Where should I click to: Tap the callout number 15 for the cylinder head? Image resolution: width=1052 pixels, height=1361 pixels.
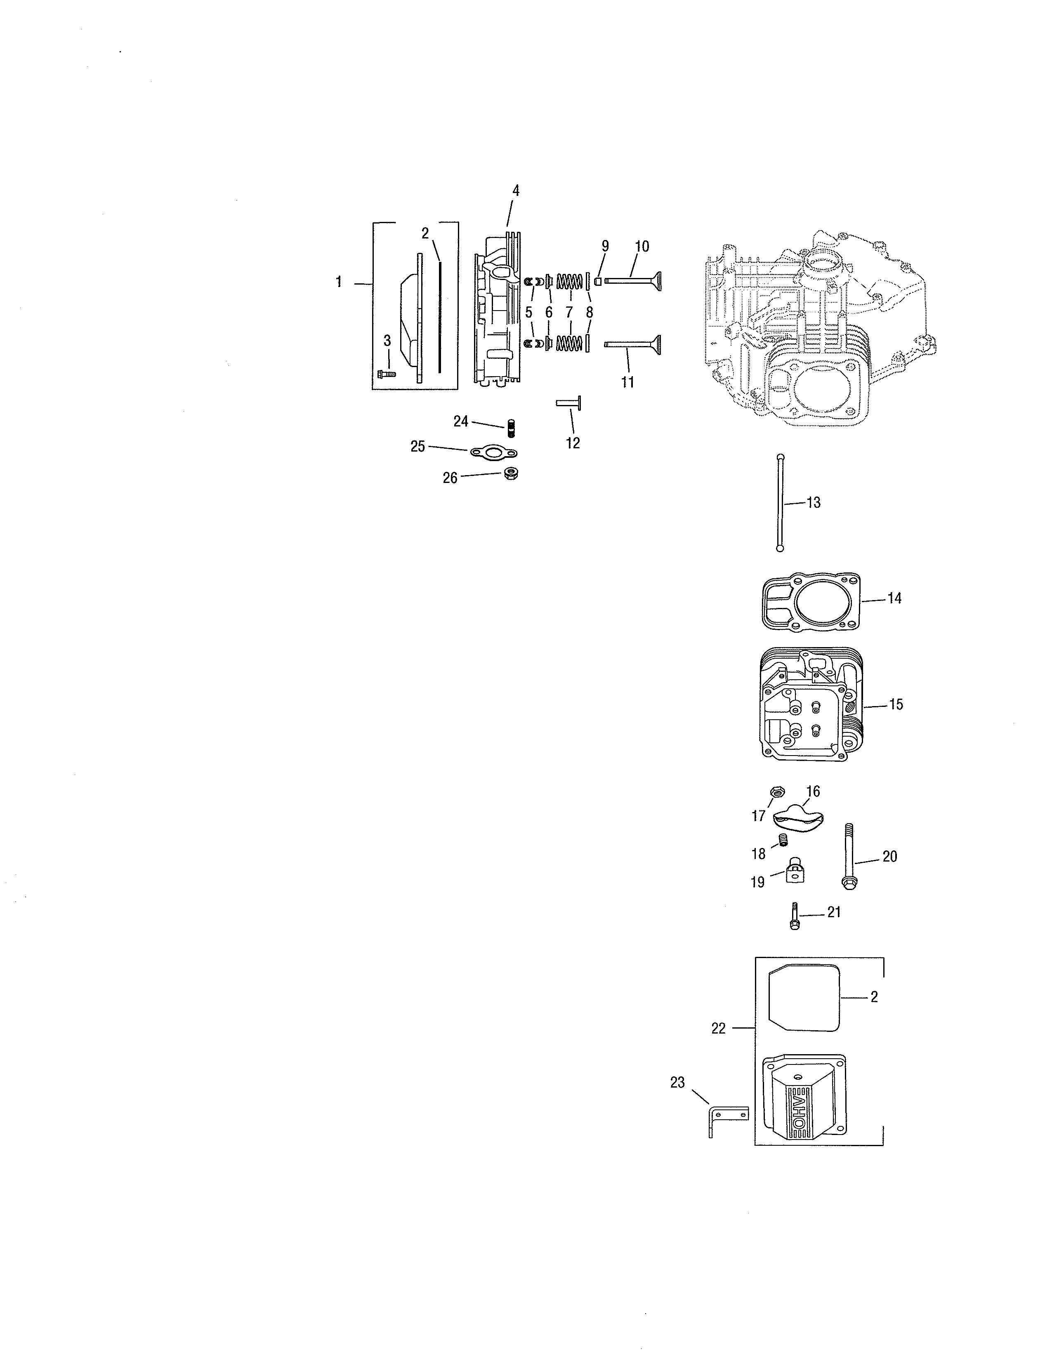896,705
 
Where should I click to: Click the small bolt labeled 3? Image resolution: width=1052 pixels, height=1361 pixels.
387,374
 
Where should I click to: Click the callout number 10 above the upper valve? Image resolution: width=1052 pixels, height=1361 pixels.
641,246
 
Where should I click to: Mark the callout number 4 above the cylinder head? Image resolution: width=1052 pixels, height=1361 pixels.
515,191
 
